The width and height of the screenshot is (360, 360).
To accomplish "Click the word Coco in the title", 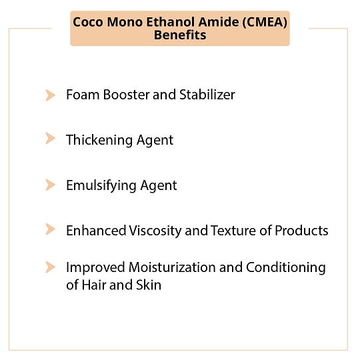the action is pyautogui.click(x=88, y=22).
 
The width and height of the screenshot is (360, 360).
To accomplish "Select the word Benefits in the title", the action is pyautogui.click(x=180, y=35).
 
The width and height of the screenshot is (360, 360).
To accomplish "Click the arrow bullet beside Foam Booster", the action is pyautogui.click(x=50, y=95).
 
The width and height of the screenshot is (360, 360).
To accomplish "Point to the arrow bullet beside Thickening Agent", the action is pyautogui.click(x=50, y=139).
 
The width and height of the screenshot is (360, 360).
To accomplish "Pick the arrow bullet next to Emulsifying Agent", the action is pyautogui.click(x=50, y=185).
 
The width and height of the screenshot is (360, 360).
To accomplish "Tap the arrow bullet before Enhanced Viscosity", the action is pyautogui.click(x=50, y=229).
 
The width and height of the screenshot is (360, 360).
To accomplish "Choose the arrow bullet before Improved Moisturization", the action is pyautogui.click(x=50, y=267).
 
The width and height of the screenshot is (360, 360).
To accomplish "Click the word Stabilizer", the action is pyautogui.click(x=207, y=95).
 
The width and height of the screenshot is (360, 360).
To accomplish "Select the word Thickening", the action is pyautogui.click(x=99, y=140).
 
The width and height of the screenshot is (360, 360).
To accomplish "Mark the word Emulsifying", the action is pyautogui.click(x=101, y=186).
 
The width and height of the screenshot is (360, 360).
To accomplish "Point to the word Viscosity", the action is pyautogui.click(x=155, y=231).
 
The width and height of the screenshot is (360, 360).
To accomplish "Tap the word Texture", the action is pyautogui.click(x=233, y=231).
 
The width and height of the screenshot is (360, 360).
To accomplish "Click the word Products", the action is pyautogui.click(x=301, y=231).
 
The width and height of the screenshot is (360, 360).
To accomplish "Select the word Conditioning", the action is pyautogui.click(x=286, y=268).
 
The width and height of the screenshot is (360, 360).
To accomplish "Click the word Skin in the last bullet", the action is pyautogui.click(x=149, y=285).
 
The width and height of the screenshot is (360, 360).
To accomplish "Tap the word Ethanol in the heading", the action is pyautogui.click(x=171, y=22).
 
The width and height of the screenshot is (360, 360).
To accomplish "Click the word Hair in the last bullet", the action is pyautogui.click(x=94, y=285).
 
